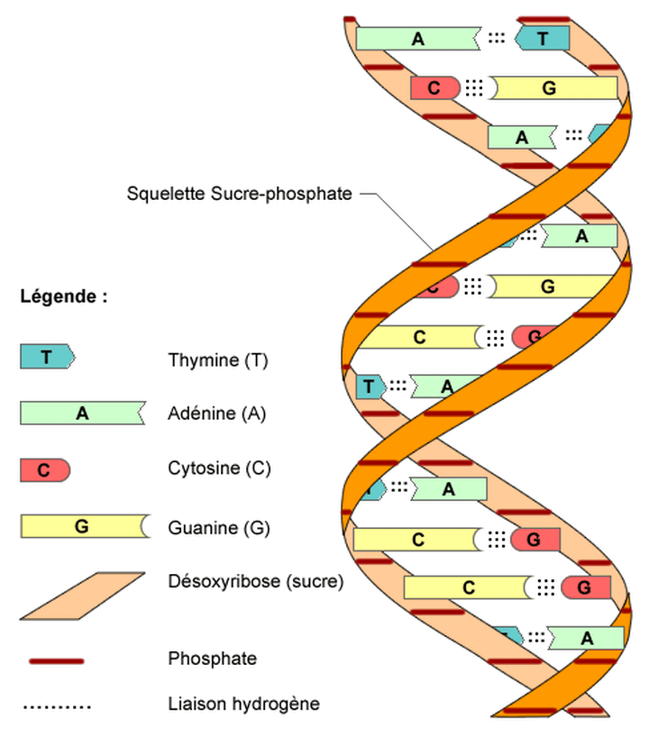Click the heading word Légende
pos(58,296)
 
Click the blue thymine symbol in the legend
pos(47,357)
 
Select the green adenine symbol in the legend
pos(82,413)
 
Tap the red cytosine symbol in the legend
pos(45,470)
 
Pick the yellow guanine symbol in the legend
pos(86,526)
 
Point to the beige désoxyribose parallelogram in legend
pos(82,596)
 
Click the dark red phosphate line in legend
pos(56,660)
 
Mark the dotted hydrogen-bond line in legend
pos(57,707)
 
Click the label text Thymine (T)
pos(217,360)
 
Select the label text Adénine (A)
pos(216,414)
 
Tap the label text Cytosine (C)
pos(219,469)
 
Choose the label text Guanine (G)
pos(218,528)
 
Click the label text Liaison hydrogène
pos(243,704)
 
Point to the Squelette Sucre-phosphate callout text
pos(239,194)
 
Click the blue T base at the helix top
pos(542,38)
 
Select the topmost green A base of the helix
pos(418,39)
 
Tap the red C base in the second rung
pos(435,88)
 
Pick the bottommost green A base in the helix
pos(586,638)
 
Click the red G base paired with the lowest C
pos(586,587)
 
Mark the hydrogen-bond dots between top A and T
pos(497,38)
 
